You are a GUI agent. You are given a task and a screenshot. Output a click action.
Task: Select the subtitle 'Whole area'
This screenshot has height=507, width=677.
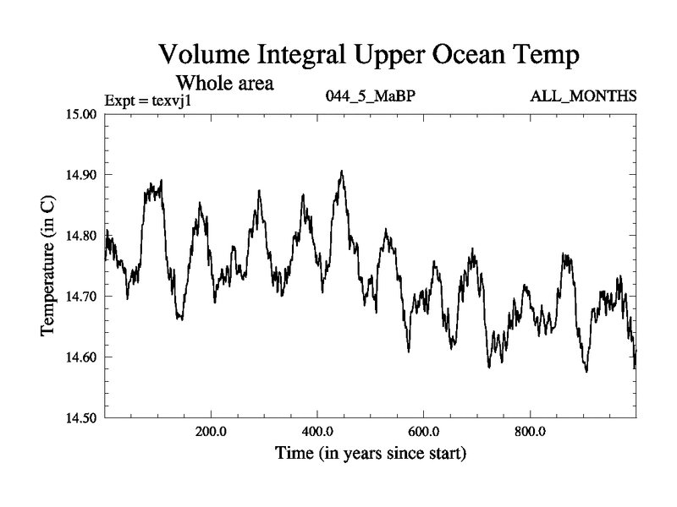click(223, 83)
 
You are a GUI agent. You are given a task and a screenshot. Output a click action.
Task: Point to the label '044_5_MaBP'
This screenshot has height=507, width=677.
click(370, 95)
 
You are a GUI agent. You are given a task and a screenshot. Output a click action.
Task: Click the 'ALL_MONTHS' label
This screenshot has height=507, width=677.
click(583, 95)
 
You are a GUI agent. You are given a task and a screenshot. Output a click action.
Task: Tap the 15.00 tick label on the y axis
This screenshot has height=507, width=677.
click(81, 114)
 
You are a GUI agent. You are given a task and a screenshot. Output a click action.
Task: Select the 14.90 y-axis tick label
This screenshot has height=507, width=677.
click(81, 175)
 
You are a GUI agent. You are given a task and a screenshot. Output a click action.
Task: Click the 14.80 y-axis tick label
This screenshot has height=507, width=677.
click(81, 236)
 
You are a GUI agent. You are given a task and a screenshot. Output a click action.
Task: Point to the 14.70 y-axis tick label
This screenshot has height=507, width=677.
click(81, 297)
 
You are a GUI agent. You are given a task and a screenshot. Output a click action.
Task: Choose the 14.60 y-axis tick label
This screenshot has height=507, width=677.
click(81, 357)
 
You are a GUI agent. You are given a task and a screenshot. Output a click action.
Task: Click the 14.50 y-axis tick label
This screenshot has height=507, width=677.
click(81, 418)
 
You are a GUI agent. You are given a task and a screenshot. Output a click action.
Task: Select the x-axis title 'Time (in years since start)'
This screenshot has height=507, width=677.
click(371, 454)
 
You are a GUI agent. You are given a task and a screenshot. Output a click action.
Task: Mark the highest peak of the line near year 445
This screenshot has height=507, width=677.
click(342, 171)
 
